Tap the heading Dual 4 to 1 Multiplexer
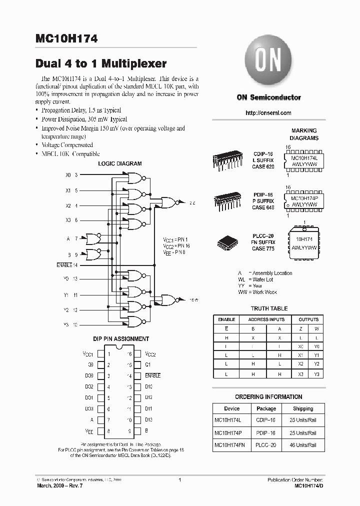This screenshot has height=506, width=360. coord(101,64)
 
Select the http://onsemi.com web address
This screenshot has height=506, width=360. coord(268,113)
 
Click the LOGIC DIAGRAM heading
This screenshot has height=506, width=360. coord(119,163)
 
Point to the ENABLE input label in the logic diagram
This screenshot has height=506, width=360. coord(64,264)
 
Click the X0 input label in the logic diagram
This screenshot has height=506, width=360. coord(68,175)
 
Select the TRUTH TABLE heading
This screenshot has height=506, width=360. coord(269,308)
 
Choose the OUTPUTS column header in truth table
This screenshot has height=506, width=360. coord(308,319)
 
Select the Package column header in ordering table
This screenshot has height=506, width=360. coord(266,408)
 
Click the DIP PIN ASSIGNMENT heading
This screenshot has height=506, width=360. coord(121,339)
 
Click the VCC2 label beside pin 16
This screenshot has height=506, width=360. coord(150,354)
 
